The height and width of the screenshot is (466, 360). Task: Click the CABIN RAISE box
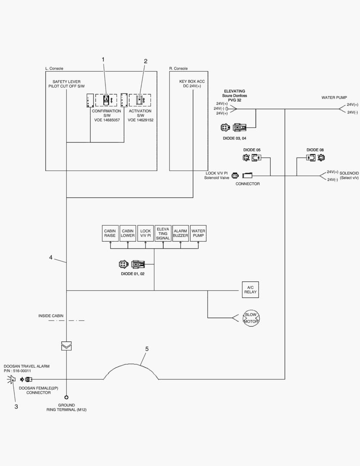tap(110, 233)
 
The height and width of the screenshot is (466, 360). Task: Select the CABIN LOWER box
tap(128, 233)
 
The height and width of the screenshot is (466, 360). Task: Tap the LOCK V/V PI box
tap(145, 233)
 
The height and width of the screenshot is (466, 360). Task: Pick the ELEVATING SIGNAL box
tap(163, 233)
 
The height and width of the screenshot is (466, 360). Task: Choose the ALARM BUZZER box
tap(181, 233)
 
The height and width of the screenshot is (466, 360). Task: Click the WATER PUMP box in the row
tap(198, 233)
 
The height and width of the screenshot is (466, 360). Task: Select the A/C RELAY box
tap(250, 290)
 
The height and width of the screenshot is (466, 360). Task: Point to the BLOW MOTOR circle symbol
tap(250, 318)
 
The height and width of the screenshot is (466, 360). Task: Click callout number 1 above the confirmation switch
tap(103, 59)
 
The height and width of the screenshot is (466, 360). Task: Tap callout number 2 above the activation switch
tap(145, 61)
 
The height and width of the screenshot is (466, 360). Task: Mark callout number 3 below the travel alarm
tap(16, 406)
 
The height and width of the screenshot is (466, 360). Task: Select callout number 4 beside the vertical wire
tap(51, 258)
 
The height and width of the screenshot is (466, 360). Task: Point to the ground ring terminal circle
tap(66, 397)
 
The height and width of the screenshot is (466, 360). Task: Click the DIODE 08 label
tap(315, 150)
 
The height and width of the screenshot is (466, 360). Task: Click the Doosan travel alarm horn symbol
tap(11, 379)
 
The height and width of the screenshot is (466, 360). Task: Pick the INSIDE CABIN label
tap(51, 316)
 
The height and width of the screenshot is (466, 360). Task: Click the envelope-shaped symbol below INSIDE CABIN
tap(66, 346)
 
